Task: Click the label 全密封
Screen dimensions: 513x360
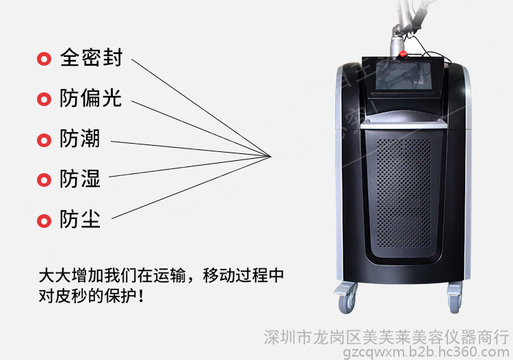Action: pos(91,57)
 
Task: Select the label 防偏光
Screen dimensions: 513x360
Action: pos(90,98)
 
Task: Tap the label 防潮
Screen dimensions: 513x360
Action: pos(79,138)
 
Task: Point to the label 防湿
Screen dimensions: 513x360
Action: pos(79,179)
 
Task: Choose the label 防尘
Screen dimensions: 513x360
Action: pos(79,219)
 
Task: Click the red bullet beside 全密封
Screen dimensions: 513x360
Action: pos(44,59)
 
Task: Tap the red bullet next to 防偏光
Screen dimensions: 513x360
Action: pos(44,99)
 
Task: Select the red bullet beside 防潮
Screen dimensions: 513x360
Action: pos(44,140)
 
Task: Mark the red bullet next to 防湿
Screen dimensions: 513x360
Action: pos(44,180)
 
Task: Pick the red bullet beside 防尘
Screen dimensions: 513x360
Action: pos(44,221)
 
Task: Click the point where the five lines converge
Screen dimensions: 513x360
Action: pos(271,157)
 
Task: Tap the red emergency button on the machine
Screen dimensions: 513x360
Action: pos(404,53)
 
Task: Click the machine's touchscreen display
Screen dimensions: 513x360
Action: pos(403,75)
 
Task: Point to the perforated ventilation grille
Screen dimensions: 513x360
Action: pos(404,194)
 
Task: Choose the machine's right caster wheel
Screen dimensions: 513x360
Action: pos(455,298)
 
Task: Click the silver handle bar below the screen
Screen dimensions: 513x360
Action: pos(404,124)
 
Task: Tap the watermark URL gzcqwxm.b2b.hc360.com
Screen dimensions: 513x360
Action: pos(425,352)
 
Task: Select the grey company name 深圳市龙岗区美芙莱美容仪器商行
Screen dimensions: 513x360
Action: pos(386,337)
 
